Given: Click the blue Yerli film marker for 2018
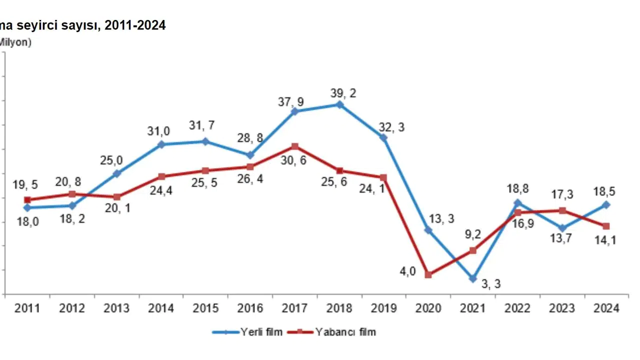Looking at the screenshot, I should pyautogui.click(x=339, y=104).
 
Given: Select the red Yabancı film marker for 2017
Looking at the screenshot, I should pyautogui.click(x=295, y=146).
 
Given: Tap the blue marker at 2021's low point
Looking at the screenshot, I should pyautogui.click(x=473, y=278).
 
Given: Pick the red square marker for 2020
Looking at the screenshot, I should pyautogui.click(x=428, y=274).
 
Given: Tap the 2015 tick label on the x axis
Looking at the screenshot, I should pyautogui.click(x=206, y=308).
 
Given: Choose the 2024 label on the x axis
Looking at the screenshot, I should pyautogui.click(x=606, y=308).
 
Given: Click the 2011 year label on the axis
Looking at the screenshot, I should pyautogui.click(x=27, y=308).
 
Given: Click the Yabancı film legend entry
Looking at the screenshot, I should pyautogui.click(x=345, y=332).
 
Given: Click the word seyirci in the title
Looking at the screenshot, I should pyautogui.click(x=55, y=25).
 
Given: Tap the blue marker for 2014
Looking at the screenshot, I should pyautogui.click(x=161, y=144).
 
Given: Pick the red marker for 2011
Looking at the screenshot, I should pyautogui.click(x=27, y=199).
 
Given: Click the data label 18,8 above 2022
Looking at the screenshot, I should pyautogui.click(x=517, y=189).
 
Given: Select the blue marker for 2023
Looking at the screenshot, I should pyautogui.click(x=562, y=228).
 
